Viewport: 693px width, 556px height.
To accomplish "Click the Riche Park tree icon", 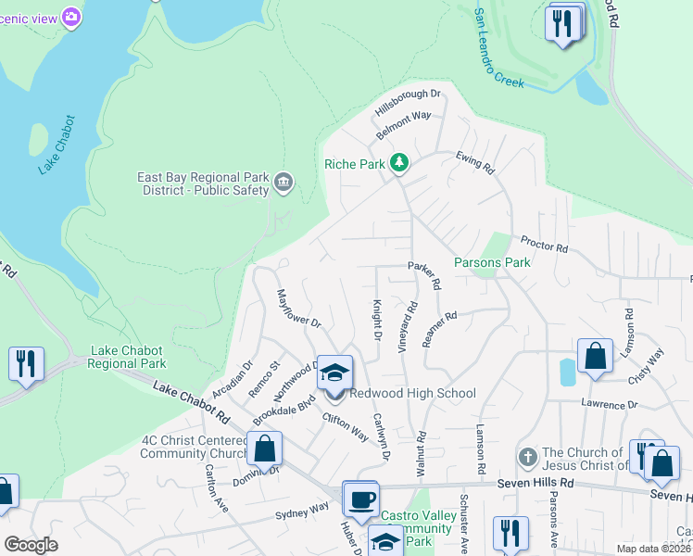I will (x=399, y=164).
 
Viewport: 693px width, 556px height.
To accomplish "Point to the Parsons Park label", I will (x=492, y=262).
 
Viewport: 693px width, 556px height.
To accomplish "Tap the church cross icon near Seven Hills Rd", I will (x=527, y=458).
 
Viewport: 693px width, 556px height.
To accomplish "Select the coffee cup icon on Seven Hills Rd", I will (x=360, y=499).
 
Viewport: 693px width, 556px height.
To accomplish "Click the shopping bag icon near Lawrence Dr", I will (x=594, y=356).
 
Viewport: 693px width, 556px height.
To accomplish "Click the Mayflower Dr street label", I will (x=297, y=310).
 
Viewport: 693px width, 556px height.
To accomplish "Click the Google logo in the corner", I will (x=31, y=545).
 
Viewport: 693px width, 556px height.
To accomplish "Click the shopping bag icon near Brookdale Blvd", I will (x=264, y=449).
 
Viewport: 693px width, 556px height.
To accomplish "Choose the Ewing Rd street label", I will (x=475, y=163).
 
